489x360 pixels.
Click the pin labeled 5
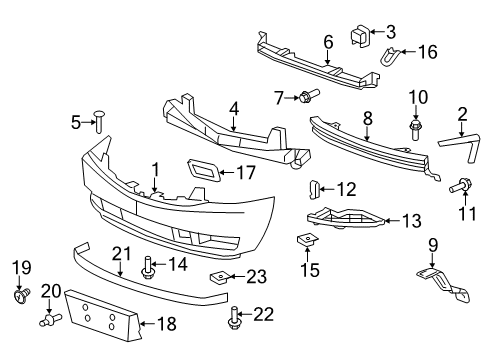(x=99, y=124)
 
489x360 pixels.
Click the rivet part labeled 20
(x=52, y=320)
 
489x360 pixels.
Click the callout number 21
(x=121, y=254)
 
